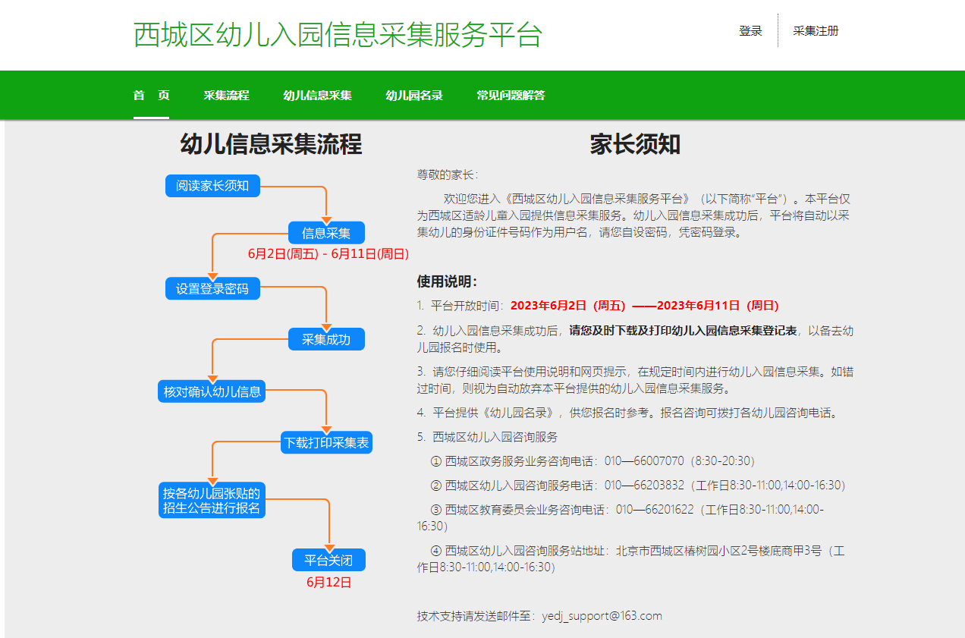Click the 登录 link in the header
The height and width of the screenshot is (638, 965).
tap(750, 31)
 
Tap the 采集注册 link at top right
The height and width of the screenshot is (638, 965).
tap(816, 31)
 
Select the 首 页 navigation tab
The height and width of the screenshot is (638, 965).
tap(151, 95)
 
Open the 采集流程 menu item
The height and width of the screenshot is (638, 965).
tap(226, 95)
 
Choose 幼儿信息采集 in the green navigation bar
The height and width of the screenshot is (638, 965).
tap(317, 95)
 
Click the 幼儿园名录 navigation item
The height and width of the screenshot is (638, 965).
tap(414, 95)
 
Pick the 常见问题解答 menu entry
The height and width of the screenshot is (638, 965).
tap(511, 95)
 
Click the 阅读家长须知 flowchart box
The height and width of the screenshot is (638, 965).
tap(212, 186)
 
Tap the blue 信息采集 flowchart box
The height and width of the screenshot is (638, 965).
tap(326, 233)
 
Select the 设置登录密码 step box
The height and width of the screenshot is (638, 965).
tap(212, 288)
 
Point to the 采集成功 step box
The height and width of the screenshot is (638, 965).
tap(326, 339)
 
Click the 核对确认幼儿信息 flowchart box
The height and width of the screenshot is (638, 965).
tap(212, 391)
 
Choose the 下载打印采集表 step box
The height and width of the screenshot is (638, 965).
tap(326, 442)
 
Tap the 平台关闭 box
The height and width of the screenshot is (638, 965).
tap(328, 560)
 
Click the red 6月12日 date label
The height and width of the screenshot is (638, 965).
tap(328, 583)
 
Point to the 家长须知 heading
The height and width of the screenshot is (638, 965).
tap(635, 144)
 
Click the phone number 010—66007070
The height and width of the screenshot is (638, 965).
tap(644, 461)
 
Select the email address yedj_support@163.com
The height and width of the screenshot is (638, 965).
tap(602, 616)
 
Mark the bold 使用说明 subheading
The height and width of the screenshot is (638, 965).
tap(447, 281)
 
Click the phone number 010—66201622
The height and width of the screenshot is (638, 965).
tap(655, 510)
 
